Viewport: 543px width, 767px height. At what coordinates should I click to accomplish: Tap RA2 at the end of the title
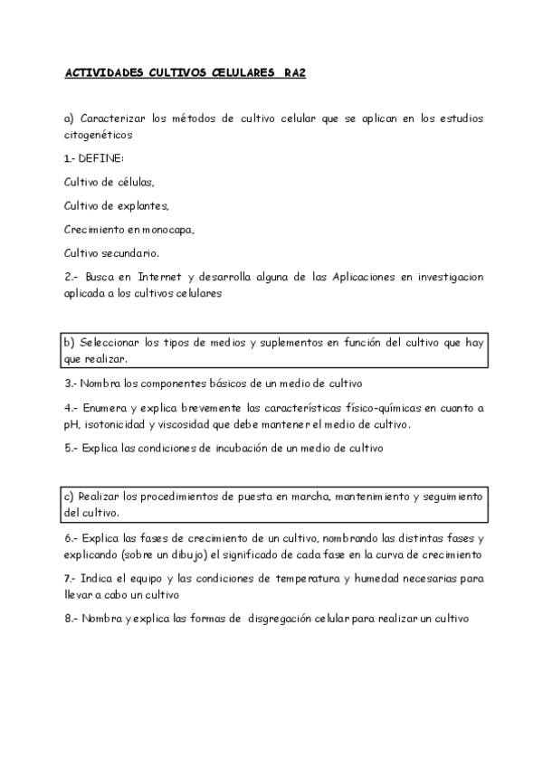[x=294, y=76]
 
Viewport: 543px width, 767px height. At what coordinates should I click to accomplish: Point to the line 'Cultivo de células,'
[x=110, y=182]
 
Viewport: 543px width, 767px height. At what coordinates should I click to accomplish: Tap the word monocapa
[x=165, y=229]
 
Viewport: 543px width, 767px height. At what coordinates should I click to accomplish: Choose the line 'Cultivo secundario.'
[x=112, y=252]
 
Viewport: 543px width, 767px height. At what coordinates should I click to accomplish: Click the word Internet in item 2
[x=186, y=277]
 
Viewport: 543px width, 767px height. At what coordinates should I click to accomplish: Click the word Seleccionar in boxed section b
[x=110, y=343]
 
